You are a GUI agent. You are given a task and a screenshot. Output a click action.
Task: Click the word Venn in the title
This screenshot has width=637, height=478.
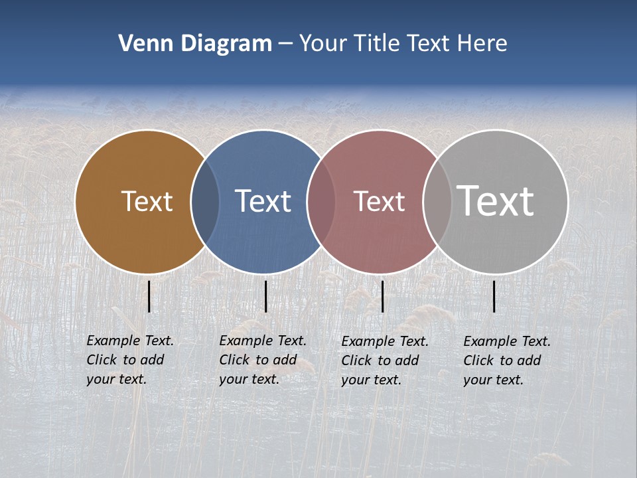pos(141,44)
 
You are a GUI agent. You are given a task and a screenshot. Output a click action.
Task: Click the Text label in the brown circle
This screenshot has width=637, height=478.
pos(147,201)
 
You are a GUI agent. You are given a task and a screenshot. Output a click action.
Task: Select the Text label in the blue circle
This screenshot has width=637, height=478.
pos(263,201)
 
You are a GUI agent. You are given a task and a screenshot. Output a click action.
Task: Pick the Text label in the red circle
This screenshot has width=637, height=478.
pos(379,201)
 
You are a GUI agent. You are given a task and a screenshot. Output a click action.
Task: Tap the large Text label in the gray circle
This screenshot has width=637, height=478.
pos(496,201)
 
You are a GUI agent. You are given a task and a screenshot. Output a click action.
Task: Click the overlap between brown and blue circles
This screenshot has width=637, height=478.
pos(205,201)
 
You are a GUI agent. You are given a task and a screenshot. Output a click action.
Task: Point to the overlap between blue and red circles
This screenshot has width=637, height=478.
pos(321,201)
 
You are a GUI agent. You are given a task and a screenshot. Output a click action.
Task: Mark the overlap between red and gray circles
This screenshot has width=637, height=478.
pos(437,201)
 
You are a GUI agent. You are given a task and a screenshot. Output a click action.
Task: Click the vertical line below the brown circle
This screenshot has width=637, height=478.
pos(149,296)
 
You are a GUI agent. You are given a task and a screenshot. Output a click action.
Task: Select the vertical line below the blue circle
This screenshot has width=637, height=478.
pos(265,296)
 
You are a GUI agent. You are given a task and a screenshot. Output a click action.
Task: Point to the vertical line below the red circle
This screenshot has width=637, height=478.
pos(383,296)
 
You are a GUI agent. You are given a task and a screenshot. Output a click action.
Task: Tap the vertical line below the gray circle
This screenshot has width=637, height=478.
pos(494,296)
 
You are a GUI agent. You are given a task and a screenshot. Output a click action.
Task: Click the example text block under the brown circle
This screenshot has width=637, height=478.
pos(130,360)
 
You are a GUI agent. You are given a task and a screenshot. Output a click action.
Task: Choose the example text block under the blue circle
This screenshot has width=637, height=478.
pos(263,360)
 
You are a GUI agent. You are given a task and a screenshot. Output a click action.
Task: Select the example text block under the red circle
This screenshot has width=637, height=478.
pos(385,360)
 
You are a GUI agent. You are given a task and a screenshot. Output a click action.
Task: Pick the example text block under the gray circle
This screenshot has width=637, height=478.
pos(507,360)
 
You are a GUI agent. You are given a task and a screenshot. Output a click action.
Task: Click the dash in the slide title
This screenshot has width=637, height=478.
pos(285,44)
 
